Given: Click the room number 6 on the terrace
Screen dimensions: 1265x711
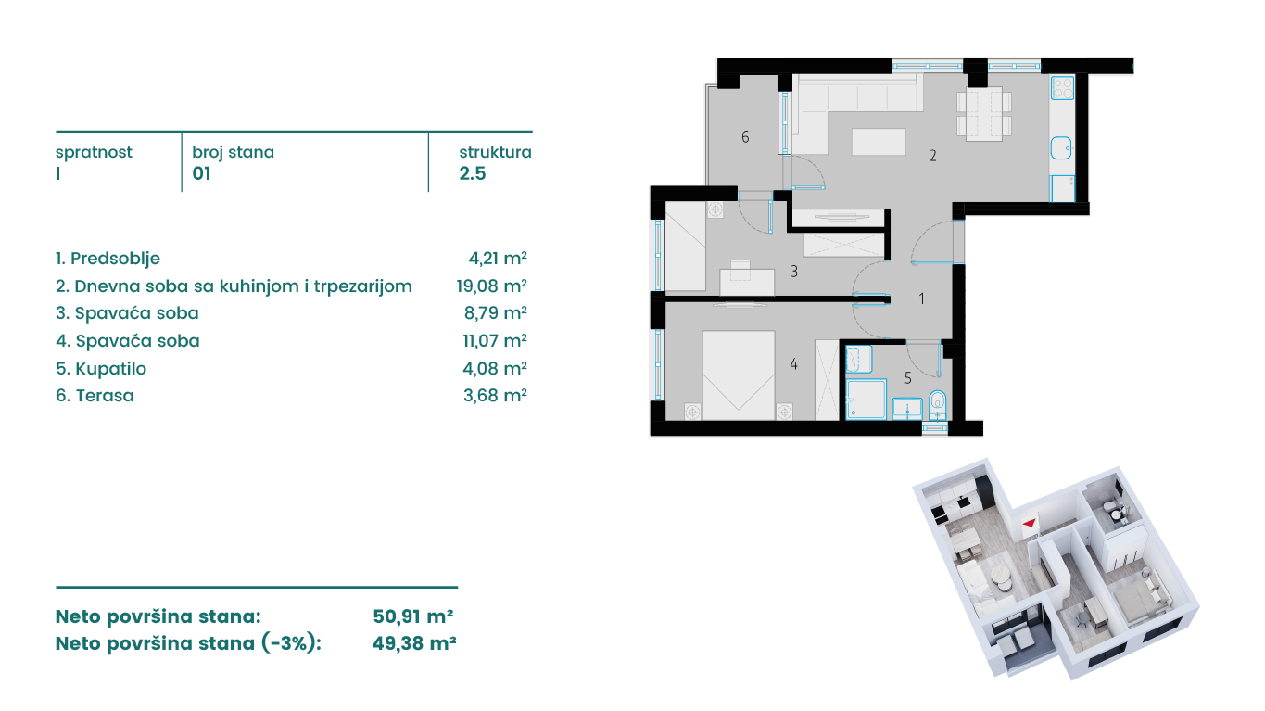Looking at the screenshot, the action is (745, 136).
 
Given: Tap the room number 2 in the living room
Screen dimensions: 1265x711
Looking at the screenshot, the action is (933, 156).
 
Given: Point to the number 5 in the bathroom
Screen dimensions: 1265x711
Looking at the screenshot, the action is (907, 378).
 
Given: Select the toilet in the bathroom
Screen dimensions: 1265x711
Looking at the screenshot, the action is (938, 404).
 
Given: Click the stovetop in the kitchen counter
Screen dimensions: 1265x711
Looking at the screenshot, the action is (1062, 88).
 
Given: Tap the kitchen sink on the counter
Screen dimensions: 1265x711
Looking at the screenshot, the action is (1061, 148).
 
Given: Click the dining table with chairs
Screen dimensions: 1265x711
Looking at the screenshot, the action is (984, 113).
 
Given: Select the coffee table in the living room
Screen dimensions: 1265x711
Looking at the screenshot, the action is (879, 142).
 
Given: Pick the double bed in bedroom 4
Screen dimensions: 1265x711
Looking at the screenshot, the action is (738, 375).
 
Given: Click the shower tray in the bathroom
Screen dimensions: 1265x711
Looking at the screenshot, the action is (866, 399).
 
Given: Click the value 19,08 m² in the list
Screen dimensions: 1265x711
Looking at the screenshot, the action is (492, 286).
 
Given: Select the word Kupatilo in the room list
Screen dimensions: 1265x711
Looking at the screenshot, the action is (110, 369).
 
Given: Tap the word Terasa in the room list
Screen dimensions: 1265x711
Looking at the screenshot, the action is (105, 396).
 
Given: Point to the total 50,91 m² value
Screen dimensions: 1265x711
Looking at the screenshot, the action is (412, 616).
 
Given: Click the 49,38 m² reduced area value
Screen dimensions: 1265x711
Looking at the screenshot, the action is (414, 643).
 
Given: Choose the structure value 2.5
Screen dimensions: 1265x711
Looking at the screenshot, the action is (472, 173).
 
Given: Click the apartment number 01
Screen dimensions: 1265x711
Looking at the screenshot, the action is (202, 173).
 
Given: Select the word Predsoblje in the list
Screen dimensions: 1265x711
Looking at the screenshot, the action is (115, 259).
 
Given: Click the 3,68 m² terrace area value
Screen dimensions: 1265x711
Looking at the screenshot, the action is (495, 395).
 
